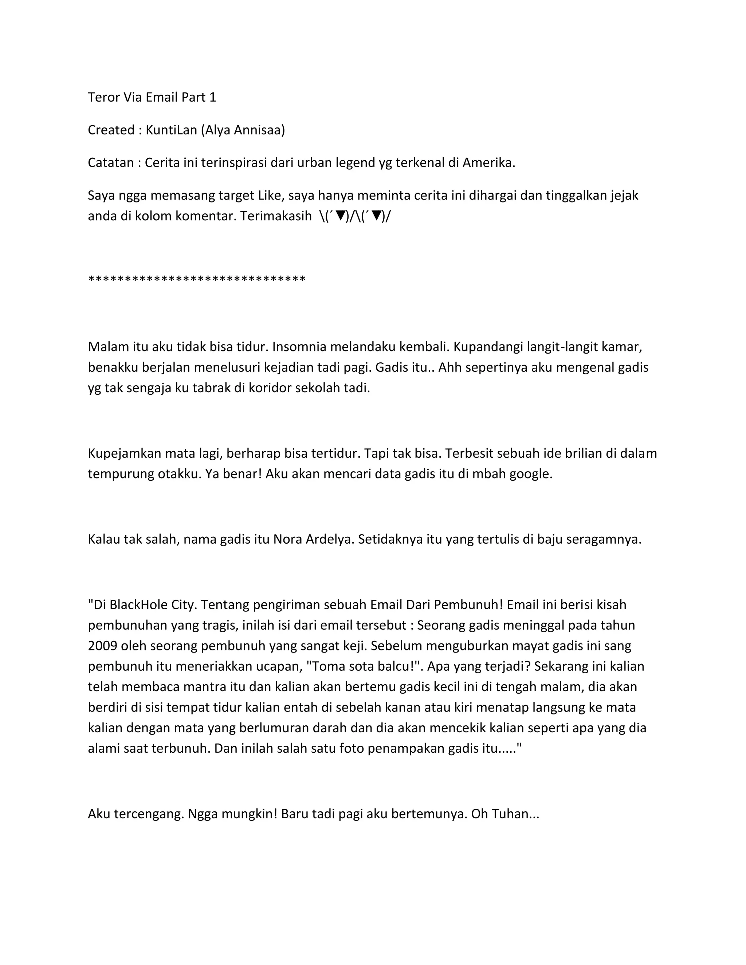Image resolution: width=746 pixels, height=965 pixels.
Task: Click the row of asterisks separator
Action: tap(197, 279)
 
